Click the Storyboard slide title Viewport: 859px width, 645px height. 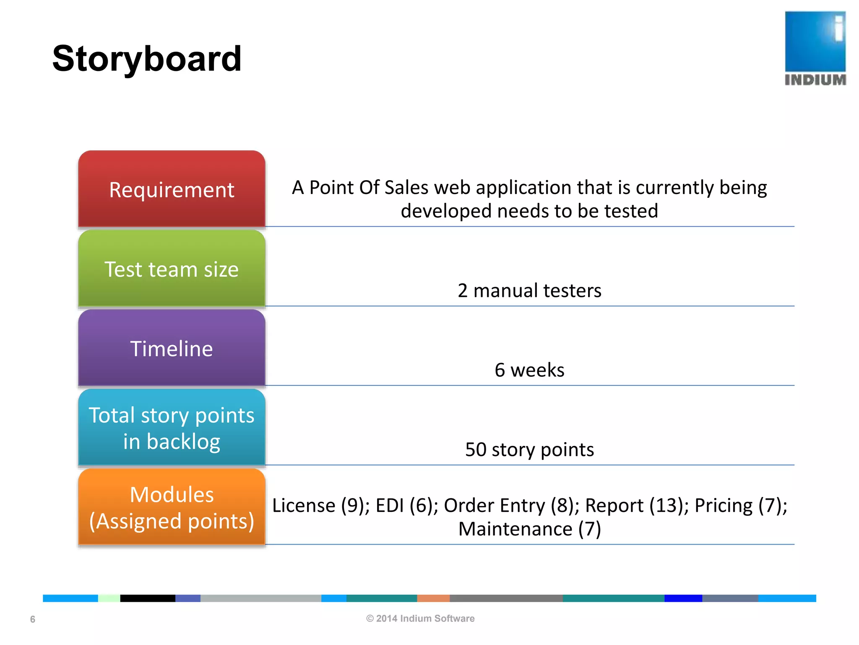point(147,59)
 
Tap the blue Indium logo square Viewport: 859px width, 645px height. point(815,41)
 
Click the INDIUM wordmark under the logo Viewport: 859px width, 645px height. point(815,80)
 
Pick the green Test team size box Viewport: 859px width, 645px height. point(172,269)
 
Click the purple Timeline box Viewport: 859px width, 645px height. point(172,349)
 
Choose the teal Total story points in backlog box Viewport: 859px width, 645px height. point(172,428)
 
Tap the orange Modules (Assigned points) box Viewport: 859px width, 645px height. point(172,507)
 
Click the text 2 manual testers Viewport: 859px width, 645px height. point(529,291)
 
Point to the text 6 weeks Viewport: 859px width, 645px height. point(529,370)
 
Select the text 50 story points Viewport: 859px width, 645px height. point(529,449)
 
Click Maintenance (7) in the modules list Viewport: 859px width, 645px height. point(529,529)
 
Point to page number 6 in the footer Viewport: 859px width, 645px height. point(33,619)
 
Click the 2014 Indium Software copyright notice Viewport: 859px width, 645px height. point(420,619)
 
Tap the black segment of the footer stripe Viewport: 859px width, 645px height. point(148,598)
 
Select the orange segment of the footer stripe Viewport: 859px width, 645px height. point(433,598)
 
